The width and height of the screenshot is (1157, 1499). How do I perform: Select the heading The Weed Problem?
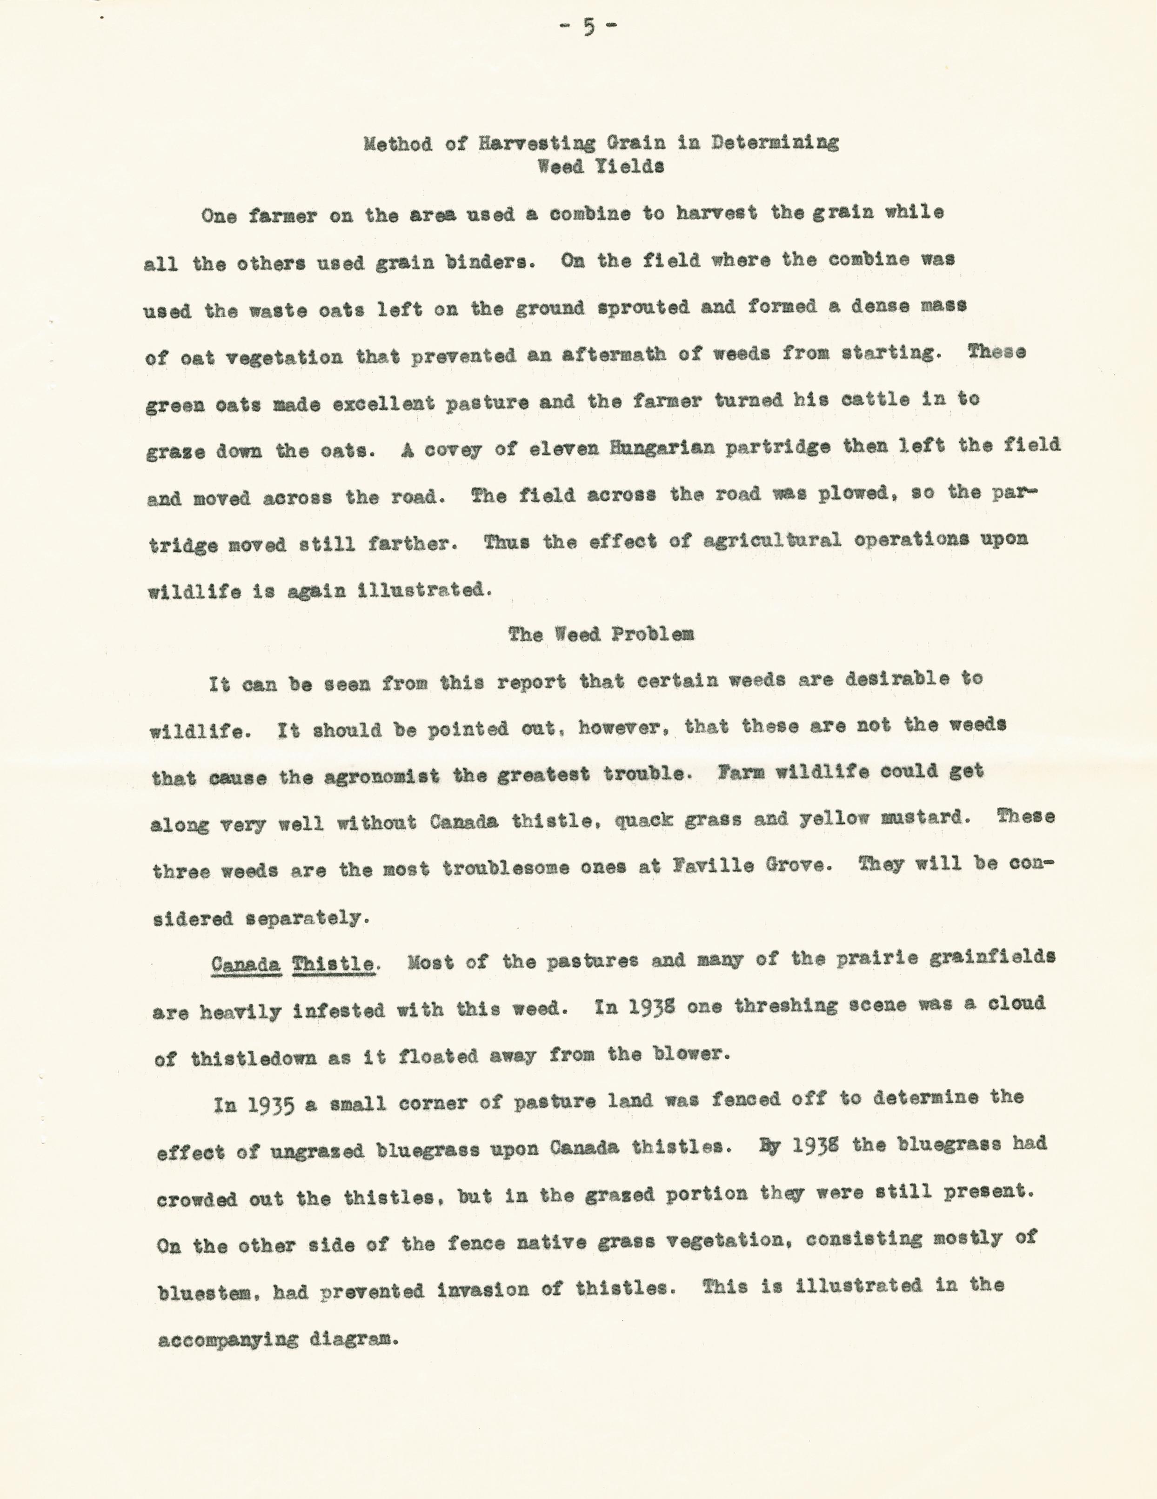click(601, 634)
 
